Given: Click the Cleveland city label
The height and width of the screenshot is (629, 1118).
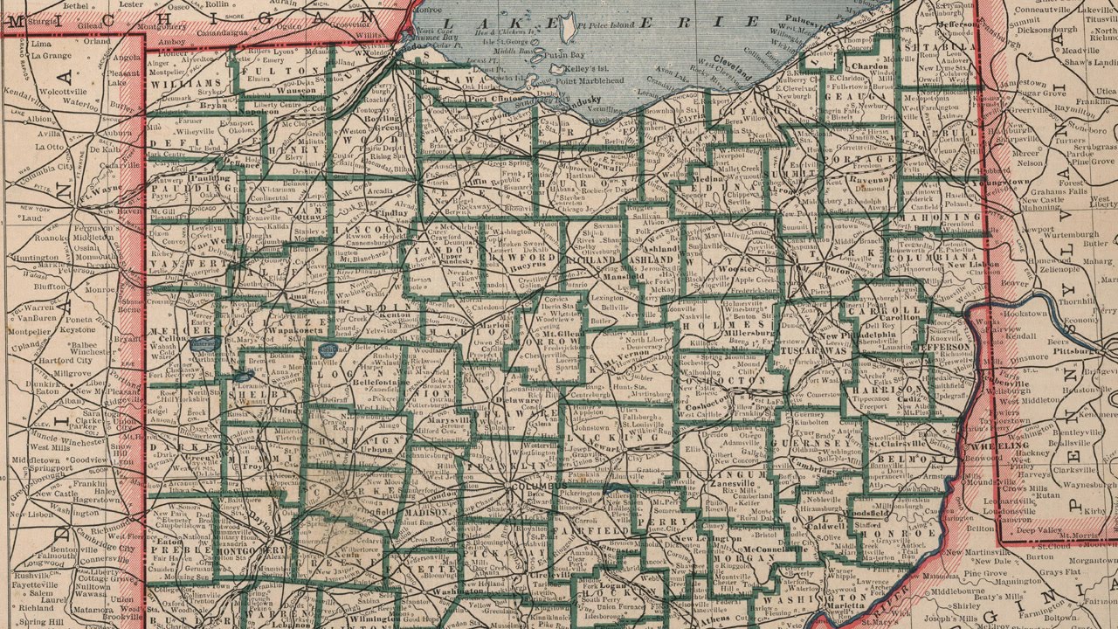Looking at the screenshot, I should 732,62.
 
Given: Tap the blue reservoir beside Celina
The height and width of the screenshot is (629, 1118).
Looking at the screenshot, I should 202,345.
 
